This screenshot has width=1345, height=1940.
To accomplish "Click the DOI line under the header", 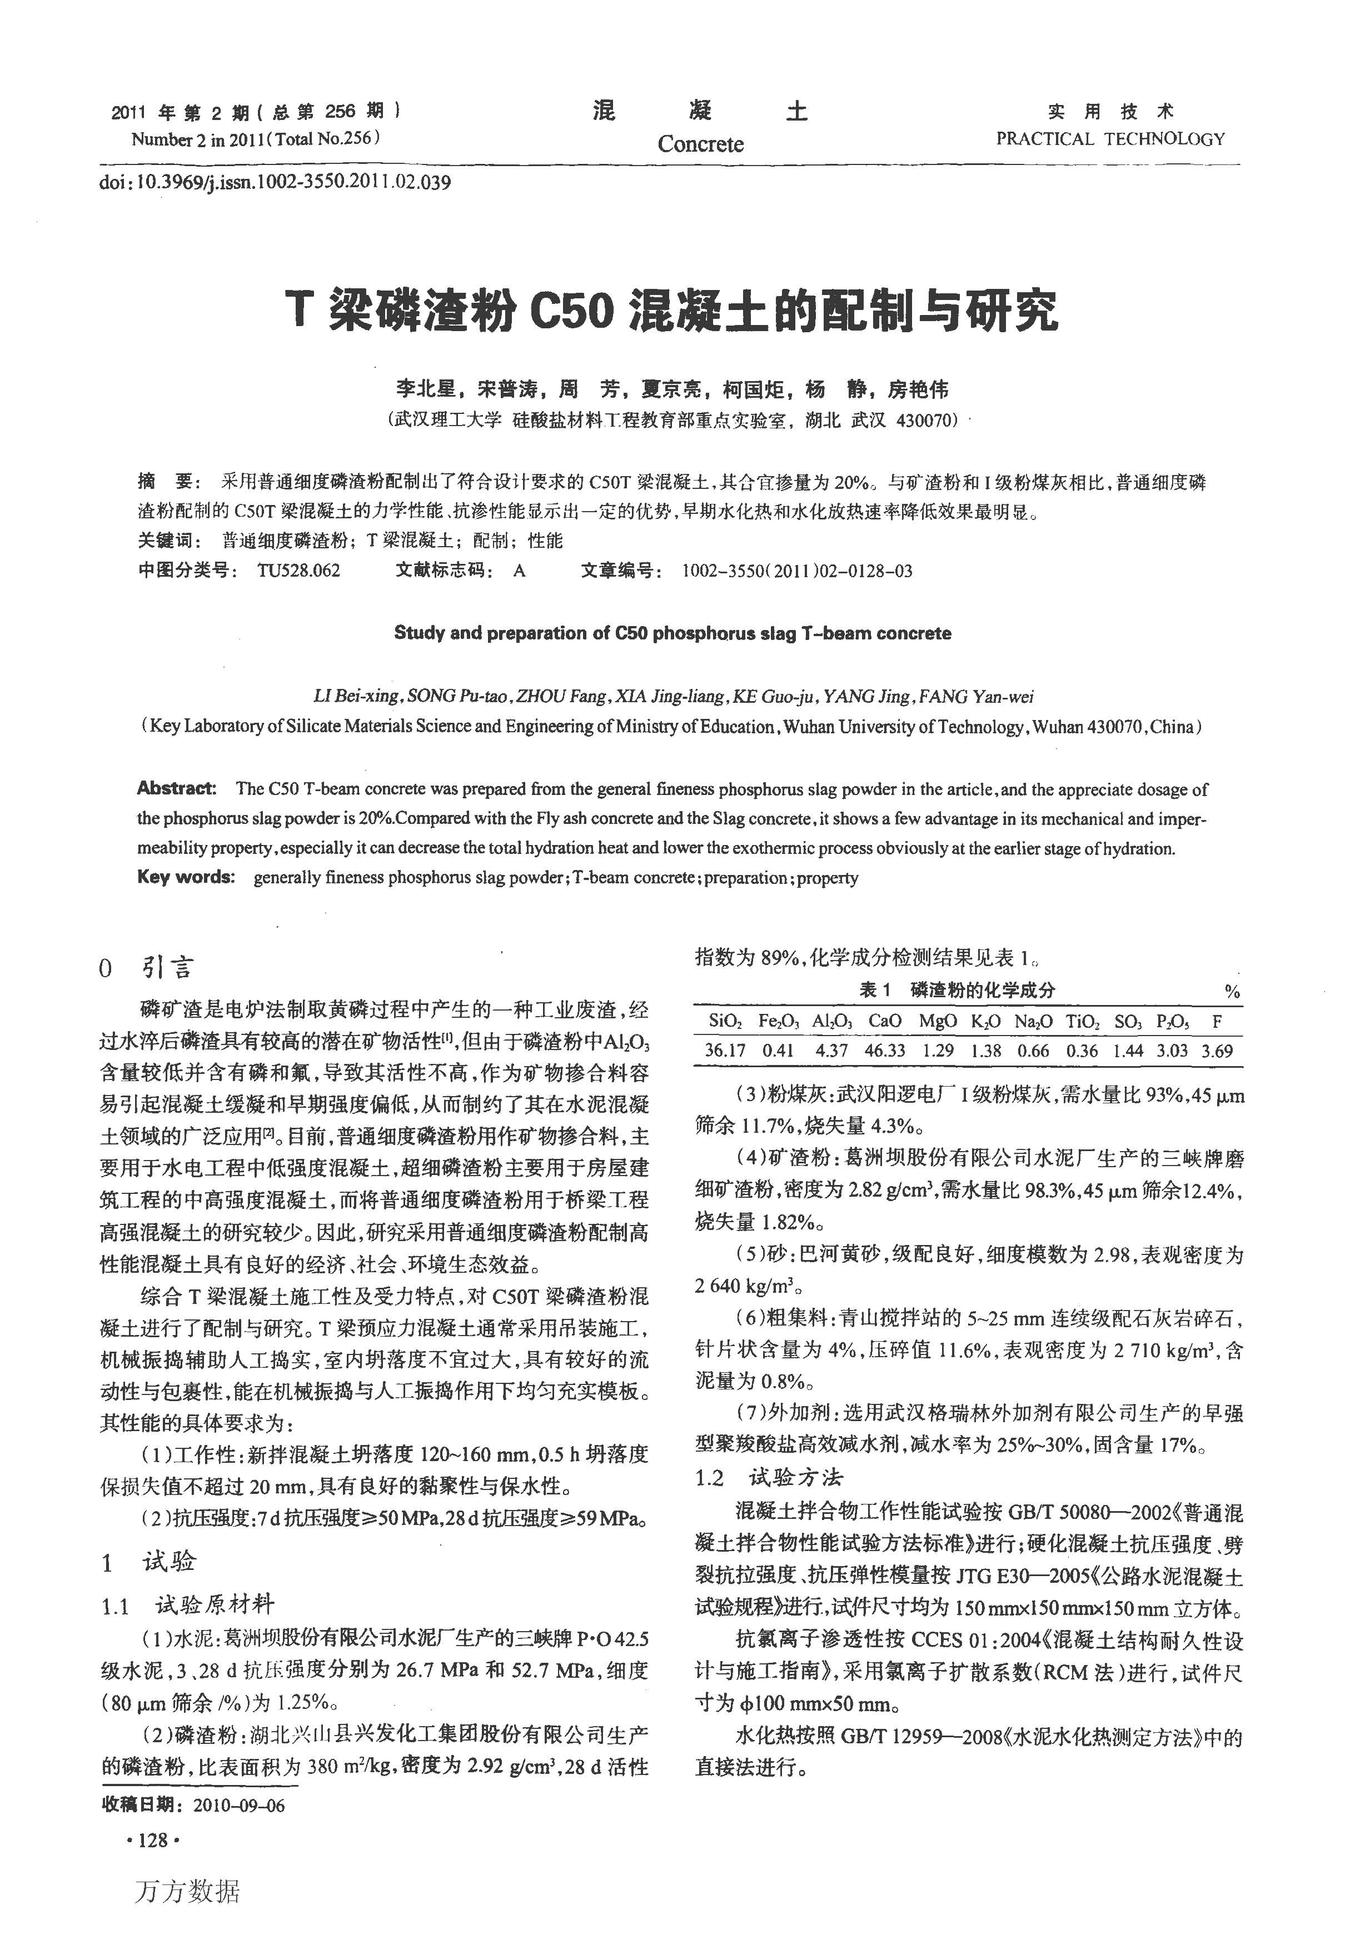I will pos(275,182).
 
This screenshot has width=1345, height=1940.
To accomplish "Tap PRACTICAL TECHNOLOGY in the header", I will pos(1110,139).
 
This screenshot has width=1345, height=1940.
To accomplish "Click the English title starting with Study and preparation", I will pos(671,633).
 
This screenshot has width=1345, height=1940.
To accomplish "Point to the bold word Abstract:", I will pos(177,789).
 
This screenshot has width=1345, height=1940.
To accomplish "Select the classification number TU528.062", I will pos(299,571).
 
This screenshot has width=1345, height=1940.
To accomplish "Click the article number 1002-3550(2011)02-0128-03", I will pos(796,571).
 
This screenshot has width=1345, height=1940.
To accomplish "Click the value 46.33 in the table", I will pos(885,1051).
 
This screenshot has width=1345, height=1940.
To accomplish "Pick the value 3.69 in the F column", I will pos(1217,1051).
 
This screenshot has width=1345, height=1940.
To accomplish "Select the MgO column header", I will pos(937,1021).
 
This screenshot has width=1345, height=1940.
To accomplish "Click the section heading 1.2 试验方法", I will pos(769,1477).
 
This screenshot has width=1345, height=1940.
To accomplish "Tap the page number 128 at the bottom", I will pos(152,1840).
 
